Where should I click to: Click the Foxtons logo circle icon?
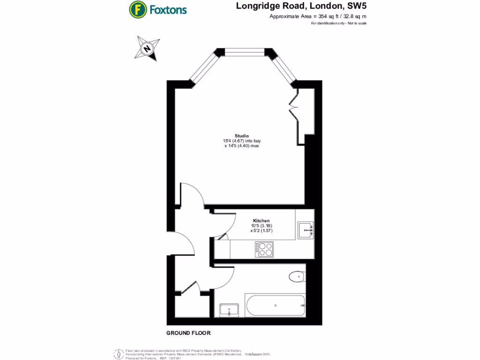click(137, 9)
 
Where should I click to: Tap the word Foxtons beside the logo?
click(168, 9)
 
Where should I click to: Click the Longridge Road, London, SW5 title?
click(301, 6)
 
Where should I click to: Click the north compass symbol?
click(147, 49)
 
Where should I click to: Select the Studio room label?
click(242, 136)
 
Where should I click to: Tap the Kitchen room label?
click(261, 220)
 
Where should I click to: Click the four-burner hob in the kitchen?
click(264, 249)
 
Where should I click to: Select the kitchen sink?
click(306, 229)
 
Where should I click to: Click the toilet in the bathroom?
click(297, 277)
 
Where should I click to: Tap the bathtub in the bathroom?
click(275, 306)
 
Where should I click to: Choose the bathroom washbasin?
click(229, 310)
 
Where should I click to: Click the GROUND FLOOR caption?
click(188, 333)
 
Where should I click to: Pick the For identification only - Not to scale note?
click(338, 23)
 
